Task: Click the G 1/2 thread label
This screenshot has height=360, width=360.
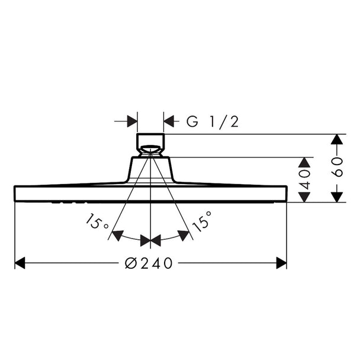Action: pyautogui.click(x=213, y=122)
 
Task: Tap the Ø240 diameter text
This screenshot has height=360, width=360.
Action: pyautogui.click(x=149, y=263)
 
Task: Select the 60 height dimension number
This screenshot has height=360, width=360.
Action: pyautogui.click(x=337, y=167)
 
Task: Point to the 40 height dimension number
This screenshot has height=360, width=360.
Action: pyautogui.click(x=304, y=179)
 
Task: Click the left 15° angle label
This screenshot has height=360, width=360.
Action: pyautogui.click(x=97, y=221)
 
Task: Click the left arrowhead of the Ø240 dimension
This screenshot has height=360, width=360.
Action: pyautogui.click(x=20, y=263)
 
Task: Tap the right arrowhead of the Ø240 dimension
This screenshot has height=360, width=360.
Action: pyautogui.click(x=281, y=263)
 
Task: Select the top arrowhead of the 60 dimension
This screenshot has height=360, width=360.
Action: pyautogui.click(x=337, y=139)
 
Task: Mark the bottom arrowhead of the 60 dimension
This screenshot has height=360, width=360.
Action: pyautogui.click(x=337, y=197)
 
